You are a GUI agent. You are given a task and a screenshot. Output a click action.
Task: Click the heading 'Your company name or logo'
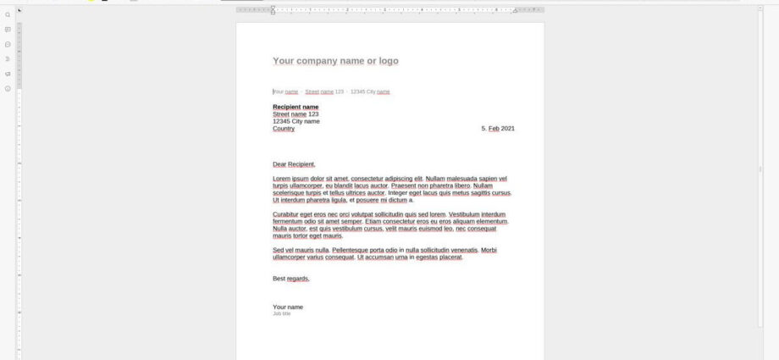pyautogui.click(x=335, y=61)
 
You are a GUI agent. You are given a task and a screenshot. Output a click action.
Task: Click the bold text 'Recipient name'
pyautogui.click(x=296, y=107)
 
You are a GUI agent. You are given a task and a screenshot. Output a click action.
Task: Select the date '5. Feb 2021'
pyautogui.click(x=498, y=129)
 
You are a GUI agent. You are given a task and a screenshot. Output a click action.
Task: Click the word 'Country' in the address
pyautogui.click(x=284, y=129)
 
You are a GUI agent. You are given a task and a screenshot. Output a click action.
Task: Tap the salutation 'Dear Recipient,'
pyautogui.click(x=294, y=164)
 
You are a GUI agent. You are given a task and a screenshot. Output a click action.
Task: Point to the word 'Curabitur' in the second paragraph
pyautogui.click(x=286, y=214)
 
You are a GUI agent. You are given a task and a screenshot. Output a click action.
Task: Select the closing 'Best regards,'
pyautogui.click(x=291, y=279)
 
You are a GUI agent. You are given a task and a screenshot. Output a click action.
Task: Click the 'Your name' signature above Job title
pyautogui.click(x=288, y=307)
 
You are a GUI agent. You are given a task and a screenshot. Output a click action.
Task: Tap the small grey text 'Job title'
pyautogui.click(x=282, y=313)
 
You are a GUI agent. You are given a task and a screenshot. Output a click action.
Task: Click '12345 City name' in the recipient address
pyautogui.click(x=296, y=121)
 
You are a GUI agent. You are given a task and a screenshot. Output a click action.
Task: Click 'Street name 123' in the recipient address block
pyautogui.click(x=296, y=114)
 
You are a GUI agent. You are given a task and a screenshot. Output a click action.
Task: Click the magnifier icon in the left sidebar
pyautogui.click(x=8, y=14)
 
